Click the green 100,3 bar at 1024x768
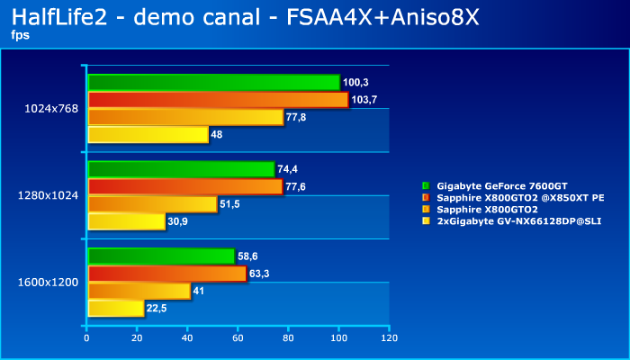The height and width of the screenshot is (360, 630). click(x=213, y=83)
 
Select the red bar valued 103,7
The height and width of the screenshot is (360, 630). click(x=218, y=100)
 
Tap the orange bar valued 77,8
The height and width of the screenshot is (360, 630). click(x=185, y=117)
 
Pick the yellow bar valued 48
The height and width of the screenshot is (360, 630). click(x=148, y=134)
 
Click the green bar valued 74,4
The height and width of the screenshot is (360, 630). click(x=181, y=169)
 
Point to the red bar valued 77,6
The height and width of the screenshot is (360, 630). click(x=184, y=186)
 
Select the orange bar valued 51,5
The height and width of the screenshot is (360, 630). click(x=152, y=204)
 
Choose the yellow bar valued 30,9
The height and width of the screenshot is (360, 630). click(x=126, y=221)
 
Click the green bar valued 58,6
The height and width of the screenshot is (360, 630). click(x=161, y=256)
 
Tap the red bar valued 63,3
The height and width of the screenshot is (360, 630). click(x=166, y=274)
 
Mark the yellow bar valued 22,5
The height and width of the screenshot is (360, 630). click(x=115, y=309)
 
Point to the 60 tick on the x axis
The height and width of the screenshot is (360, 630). click(x=238, y=338)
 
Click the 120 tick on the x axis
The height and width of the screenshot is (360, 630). click(x=389, y=338)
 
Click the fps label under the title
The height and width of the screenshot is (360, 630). click(x=19, y=35)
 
